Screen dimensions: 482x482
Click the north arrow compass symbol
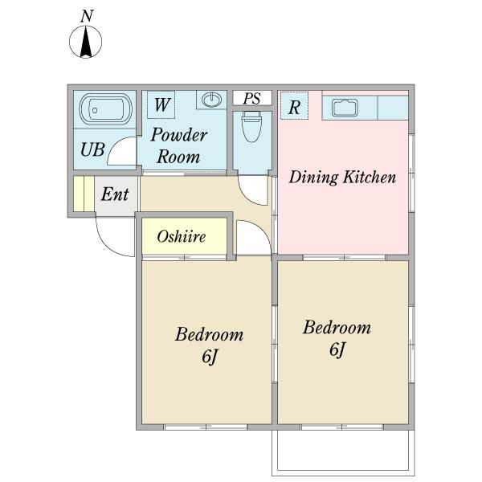[85, 42]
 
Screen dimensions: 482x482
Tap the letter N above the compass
[87, 16]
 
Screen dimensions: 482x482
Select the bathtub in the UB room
[106, 109]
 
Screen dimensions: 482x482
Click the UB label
[92, 149]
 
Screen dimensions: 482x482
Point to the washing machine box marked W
[161, 104]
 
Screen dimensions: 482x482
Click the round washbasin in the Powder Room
[211, 100]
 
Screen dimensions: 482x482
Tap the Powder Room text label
[179, 145]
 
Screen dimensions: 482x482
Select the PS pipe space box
[252, 98]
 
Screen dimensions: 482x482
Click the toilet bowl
[251, 126]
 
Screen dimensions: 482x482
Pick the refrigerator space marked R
[294, 105]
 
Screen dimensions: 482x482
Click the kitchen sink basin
[345, 108]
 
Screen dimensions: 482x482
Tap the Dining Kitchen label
[342, 178]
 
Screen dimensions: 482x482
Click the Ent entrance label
[115, 194]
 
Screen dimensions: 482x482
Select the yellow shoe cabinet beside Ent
[84, 194]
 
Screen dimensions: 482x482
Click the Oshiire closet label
[182, 236]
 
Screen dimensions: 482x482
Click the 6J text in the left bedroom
[210, 357]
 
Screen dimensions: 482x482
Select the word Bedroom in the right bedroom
[337, 327]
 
